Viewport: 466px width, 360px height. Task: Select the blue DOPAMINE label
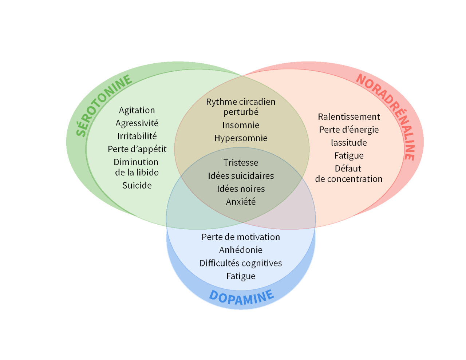click(x=241, y=297)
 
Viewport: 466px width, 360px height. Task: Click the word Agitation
click(x=137, y=110)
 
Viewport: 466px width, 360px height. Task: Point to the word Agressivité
click(x=137, y=123)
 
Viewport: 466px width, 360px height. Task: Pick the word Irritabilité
click(x=137, y=136)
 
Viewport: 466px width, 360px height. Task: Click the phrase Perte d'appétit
click(x=137, y=149)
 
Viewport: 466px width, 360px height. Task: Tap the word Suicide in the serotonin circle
click(x=137, y=186)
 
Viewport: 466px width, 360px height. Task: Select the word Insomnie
click(x=241, y=125)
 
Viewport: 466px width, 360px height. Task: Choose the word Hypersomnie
click(x=241, y=138)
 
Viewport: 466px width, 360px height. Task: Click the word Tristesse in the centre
click(x=241, y=163)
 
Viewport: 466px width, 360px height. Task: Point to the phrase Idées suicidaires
click(x=241, y=176)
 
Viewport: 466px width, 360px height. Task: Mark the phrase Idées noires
click(x=241, y=189)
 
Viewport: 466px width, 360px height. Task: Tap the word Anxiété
click(x=241, y=202)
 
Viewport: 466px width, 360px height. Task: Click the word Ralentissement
click(x=349, y=117)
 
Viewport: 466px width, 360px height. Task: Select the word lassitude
click(x=349, y=143)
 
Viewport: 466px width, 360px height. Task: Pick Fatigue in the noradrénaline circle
click(x=349, y=156)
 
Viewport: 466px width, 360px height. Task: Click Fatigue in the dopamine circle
click(x=241, y=276)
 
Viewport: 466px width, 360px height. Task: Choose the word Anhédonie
click(x=241, y=250)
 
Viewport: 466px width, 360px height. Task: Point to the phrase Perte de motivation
click(x=241, y=237)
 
